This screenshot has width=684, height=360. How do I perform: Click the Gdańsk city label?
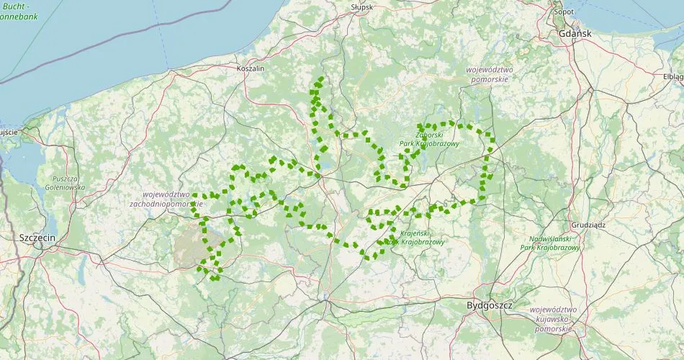(x=574, y=33)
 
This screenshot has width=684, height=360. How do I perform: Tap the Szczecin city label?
(x=37, y=237)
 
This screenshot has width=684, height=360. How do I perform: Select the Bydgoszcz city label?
(x=489, y=305)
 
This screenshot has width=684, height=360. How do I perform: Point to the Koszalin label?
(x=251, y=68)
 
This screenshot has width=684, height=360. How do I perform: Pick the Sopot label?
(x=563, y=12)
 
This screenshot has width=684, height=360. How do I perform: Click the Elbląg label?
(x=672, y=76)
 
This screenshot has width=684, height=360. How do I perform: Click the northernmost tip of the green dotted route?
(x=321, y=78)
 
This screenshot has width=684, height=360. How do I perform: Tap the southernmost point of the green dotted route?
(x=214, y=278)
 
